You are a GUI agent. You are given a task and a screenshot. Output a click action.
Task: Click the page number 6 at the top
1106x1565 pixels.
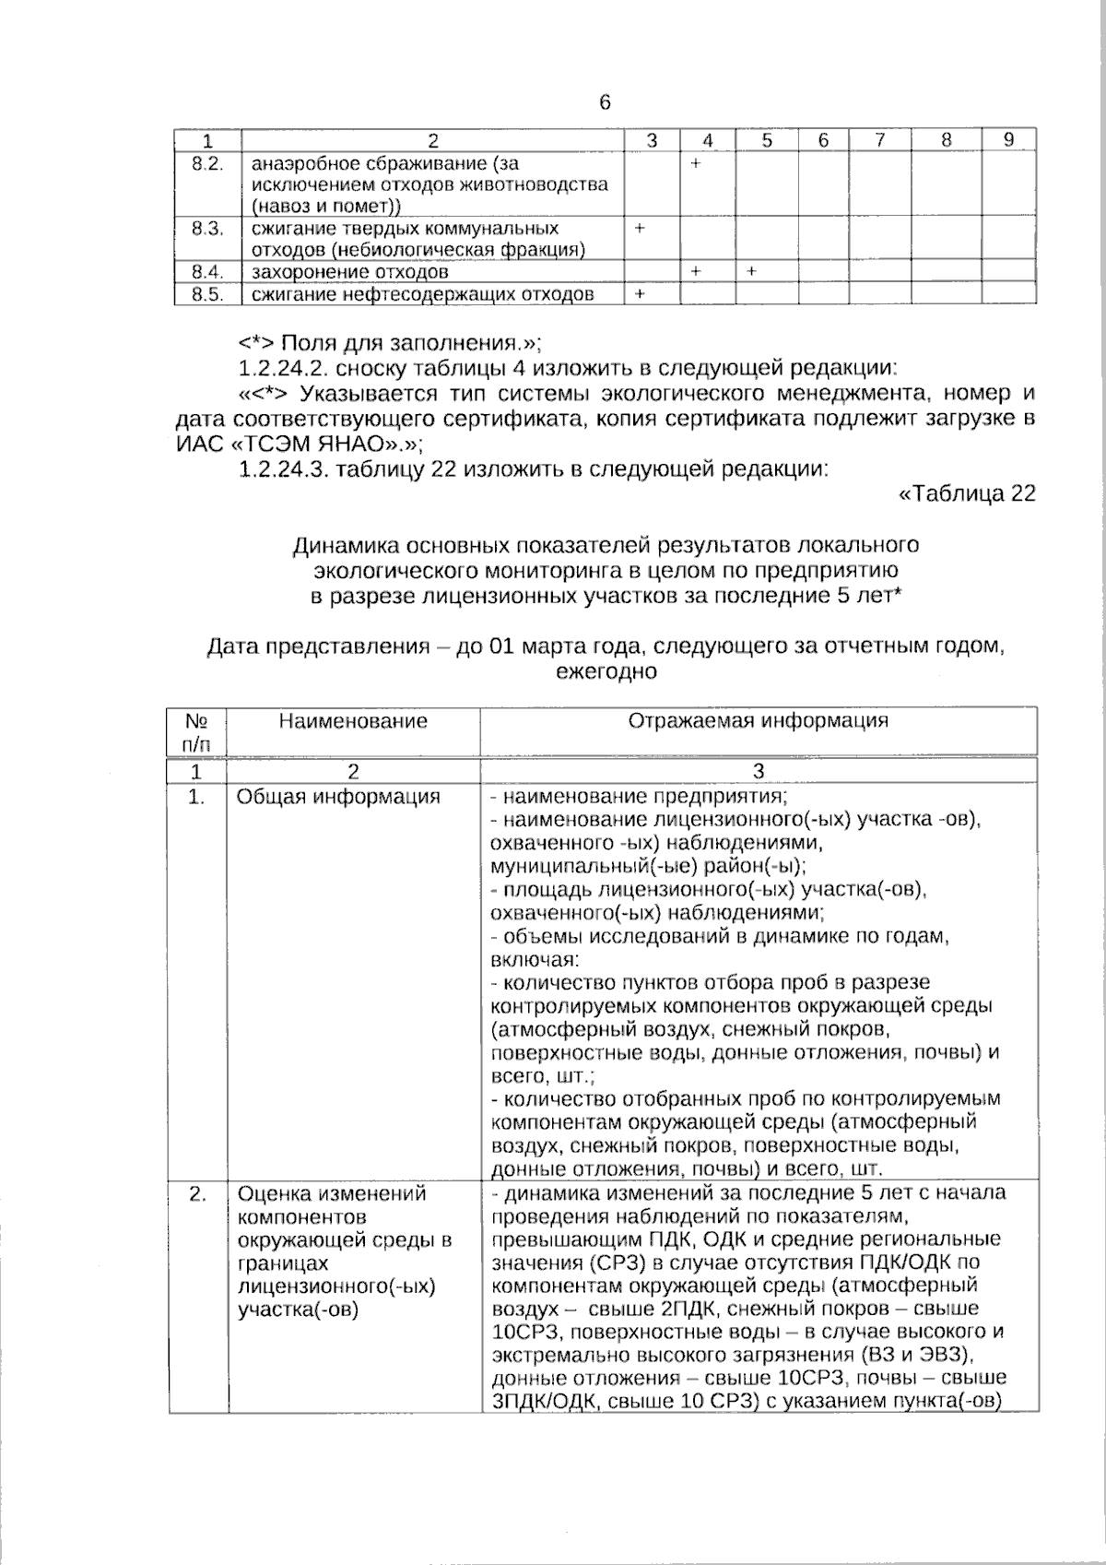pos(605,102)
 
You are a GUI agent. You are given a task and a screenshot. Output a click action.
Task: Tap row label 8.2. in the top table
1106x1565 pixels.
pos(207,164)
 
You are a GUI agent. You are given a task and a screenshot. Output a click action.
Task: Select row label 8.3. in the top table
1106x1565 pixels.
pos(207,228)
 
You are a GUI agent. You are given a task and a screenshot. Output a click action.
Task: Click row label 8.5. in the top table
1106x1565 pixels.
pos(207,294)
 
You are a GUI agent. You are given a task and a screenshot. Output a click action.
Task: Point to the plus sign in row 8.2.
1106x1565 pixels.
pos(696,163)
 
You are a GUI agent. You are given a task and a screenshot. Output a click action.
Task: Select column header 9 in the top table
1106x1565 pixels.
pos(1008,140)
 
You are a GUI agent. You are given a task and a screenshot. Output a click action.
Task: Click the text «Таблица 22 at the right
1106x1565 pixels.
pos(967,494)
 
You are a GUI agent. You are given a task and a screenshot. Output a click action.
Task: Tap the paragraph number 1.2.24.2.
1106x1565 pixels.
pos(284,369)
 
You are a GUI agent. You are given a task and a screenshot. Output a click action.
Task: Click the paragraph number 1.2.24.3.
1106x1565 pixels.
pos(284,469)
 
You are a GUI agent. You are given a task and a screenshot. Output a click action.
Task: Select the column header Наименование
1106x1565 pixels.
pos(353,721)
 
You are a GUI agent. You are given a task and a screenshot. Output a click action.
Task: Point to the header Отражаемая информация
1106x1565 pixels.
pos(758,721)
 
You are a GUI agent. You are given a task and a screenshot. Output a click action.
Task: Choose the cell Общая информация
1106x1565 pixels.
pos(338,797)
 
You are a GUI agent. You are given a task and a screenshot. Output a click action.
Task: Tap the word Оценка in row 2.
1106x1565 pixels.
pos(273,1194)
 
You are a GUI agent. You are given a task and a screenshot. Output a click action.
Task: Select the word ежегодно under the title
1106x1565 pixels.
pos(606,671)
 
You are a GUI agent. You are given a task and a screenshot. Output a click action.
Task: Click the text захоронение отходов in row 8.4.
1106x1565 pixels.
pos(350,272)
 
